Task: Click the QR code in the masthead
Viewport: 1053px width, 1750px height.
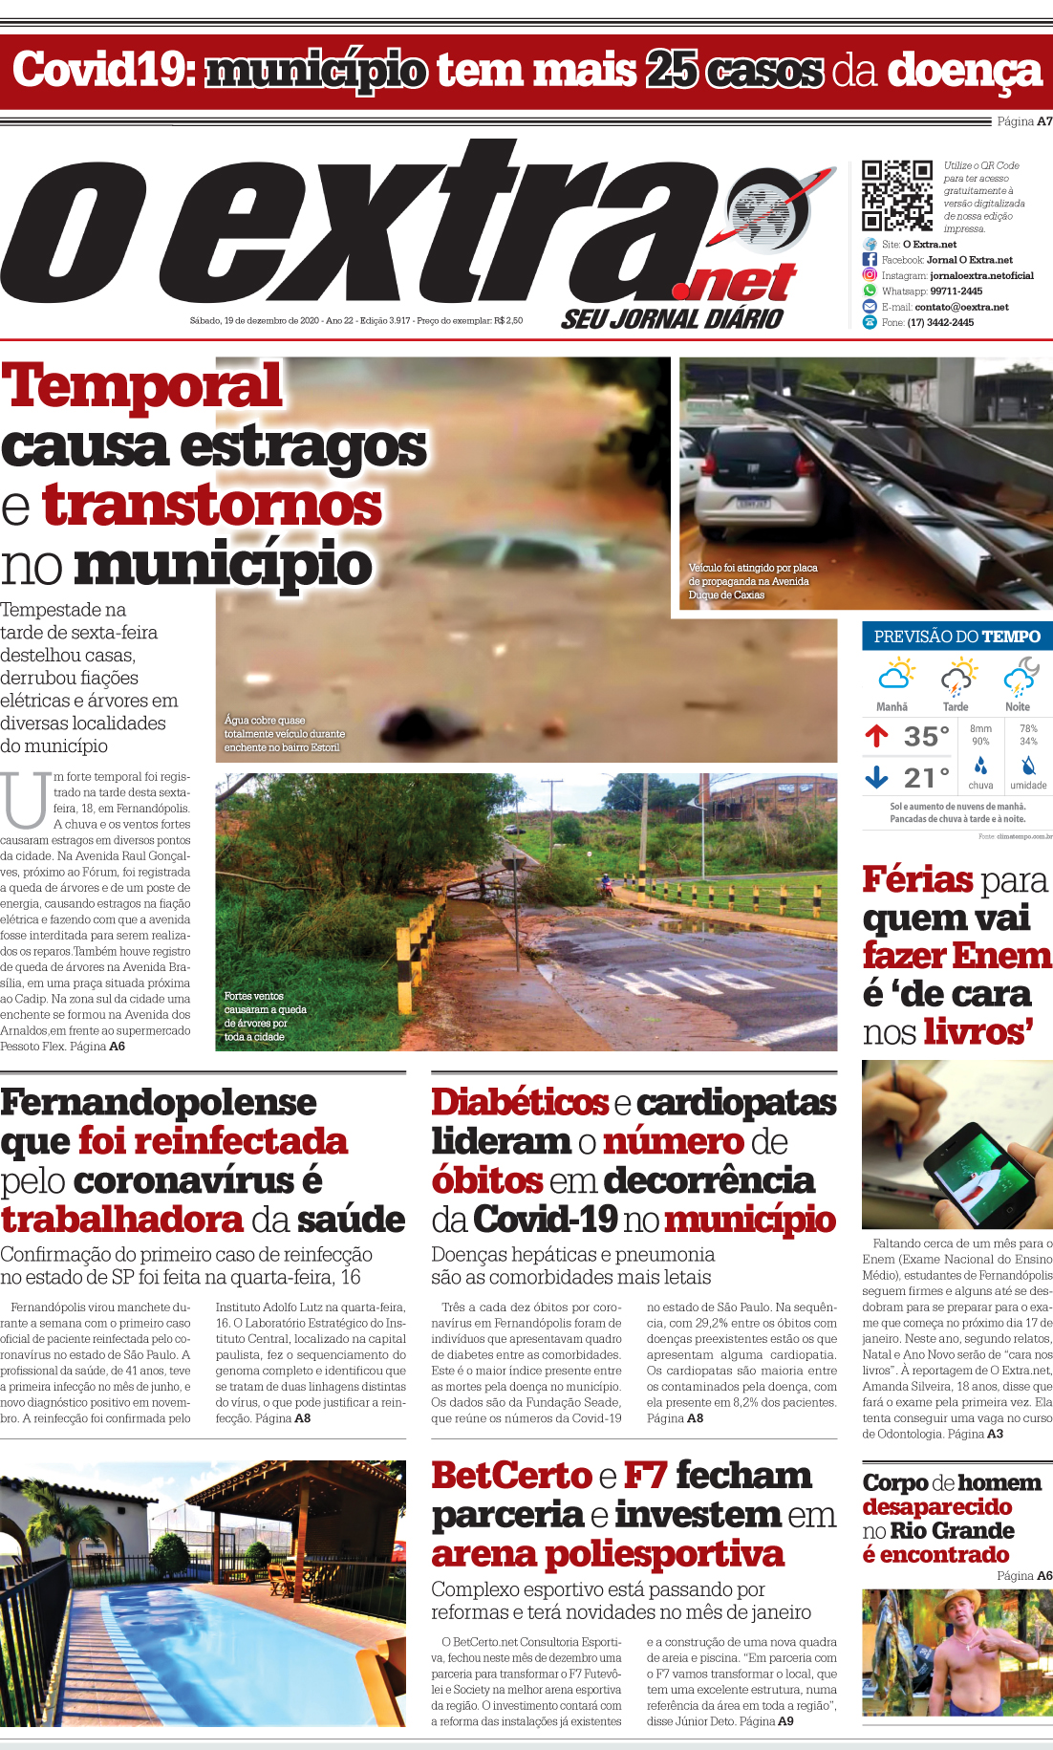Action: coord(897,195)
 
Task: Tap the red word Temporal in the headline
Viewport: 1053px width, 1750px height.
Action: coord(142,386)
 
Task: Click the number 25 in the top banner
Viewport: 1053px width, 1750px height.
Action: coord(672,71)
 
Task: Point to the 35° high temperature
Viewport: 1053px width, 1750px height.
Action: coord(926,736)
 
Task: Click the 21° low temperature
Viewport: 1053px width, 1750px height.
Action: coord(926,777)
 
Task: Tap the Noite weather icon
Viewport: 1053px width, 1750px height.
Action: coord(1020,677)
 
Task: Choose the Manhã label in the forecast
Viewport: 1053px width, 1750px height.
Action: coord(892,707)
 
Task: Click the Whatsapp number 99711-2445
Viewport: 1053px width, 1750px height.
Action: coord(956,292)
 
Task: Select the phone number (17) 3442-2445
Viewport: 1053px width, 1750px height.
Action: coord(940,323)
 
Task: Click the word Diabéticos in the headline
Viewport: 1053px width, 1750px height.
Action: coord(519,1102)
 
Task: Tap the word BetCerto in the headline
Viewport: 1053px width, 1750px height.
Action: coord(511,1476)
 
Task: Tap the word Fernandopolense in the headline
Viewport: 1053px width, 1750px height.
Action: coord(159,1102)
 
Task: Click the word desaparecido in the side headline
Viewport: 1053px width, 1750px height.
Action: coord(936,1507)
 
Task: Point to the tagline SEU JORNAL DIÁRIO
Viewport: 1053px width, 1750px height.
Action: coord(672,319)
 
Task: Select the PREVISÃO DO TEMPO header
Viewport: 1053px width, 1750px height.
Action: coord(956,637)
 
